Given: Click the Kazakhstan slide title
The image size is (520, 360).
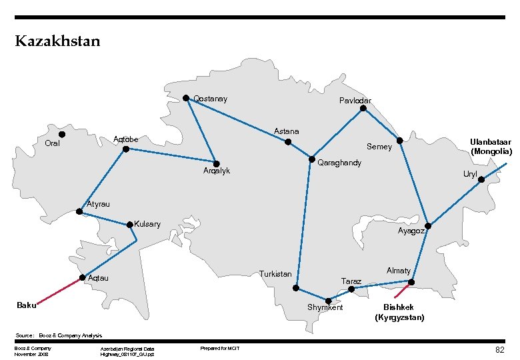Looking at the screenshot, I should [x=57, y=42].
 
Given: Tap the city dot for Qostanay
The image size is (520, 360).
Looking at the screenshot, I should [x=186, y=98].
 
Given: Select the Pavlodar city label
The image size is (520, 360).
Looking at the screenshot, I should [x=355, y=101].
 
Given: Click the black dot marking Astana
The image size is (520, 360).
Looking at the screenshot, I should [x=288, y=142].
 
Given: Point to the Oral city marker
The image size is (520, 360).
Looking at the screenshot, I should [x=62, y=135].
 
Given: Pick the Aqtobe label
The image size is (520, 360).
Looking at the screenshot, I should [x=126, y=139].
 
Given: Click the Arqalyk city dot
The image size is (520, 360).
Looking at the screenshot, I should [x=217, y=163].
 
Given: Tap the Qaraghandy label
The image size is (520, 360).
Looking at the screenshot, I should [x=339, y=163].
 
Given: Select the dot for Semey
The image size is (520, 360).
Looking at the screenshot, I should [x=399, y=141].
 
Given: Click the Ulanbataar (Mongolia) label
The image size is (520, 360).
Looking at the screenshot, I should [x=491, y=147].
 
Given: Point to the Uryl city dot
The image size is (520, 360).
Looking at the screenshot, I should [x=481, y=179].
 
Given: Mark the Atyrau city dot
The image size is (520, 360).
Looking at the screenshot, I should [x=79, y=212].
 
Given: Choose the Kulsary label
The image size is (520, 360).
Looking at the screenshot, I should [x=147, y=224].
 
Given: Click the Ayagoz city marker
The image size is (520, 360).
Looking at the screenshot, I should [x=429, y=227].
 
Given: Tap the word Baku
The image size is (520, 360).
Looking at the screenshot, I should [x=27, y=305].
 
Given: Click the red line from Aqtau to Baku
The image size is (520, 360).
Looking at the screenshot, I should [x=59, y=291].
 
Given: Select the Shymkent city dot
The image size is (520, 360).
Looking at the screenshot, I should [x=328, y=301].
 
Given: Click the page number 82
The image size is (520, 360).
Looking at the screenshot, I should [x=499, y=349].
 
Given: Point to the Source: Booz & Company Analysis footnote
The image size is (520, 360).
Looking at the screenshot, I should [x=58, y=335].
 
